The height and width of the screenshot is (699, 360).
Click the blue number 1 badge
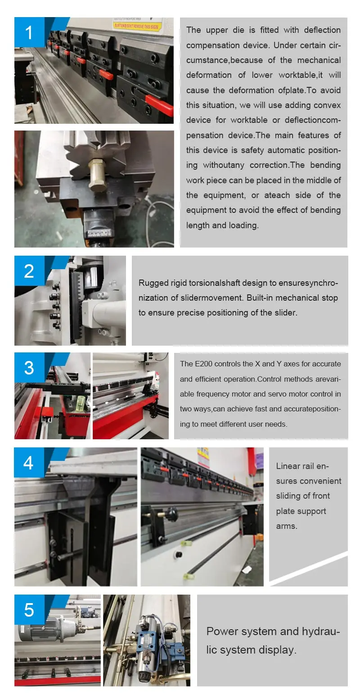coord(29,32)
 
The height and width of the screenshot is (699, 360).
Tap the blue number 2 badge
coord(29,271)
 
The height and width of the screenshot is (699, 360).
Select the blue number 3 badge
coord(29,368)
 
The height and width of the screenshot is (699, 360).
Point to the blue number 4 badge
coord(29,462)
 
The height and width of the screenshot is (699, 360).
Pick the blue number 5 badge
coord(29,609)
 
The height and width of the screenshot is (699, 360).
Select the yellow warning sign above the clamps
coord(138,24)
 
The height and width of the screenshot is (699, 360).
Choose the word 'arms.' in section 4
coord(287,526)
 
